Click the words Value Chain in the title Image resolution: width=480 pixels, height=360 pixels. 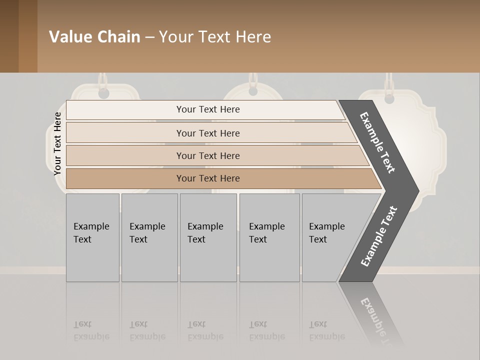click(x=94, y=37)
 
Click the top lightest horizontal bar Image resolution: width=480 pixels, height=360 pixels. click(x=208, y=109)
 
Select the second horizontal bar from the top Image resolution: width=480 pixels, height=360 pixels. click(x=208, y=133)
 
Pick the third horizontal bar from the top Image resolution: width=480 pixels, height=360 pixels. click(x=208, y=155)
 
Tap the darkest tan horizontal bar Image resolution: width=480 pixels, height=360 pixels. click(x=208, y=178)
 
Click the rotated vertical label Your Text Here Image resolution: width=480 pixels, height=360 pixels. click(x=58, y=143)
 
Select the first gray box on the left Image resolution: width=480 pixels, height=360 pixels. click(x=92, y=237)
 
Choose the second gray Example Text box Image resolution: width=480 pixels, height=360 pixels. click(x=149, y=237)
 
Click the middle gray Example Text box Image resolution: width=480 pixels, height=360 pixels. click(x=208, y=237)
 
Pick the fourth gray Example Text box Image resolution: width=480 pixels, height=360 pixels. click(x=269, y=237)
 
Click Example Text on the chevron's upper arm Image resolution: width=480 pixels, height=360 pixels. click(x=377, y=142)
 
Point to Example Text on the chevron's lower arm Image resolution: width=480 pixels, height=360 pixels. click(x=379, y=236)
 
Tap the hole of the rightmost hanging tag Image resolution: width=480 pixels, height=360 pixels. click(x=389, y=98)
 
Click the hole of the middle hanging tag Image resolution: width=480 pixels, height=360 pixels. click(x=253, y=91)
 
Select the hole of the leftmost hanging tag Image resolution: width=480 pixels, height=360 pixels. click(x=103, y=93)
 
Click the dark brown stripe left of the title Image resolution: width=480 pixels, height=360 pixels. click(x=9, y=36)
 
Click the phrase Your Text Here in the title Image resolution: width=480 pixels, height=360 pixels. click(x=215, y=37)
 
